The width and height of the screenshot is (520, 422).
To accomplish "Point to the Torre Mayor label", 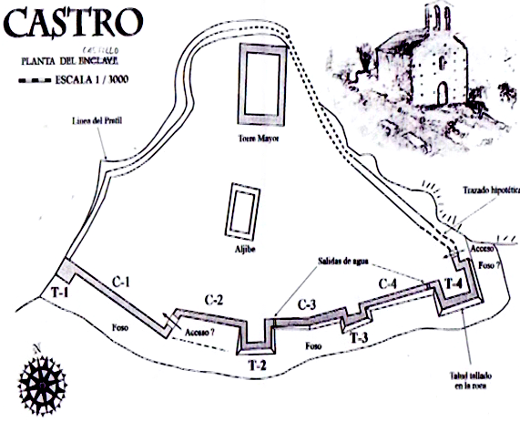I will pyautogui.click(x=257, y=140).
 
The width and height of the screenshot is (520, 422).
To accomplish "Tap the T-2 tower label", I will pyautogui.click(x=256, y=365).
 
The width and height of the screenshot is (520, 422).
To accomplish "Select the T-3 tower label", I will pyautogui.click(x=359, y=340).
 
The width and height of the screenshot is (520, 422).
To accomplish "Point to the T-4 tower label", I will pyautogui.click(x=453, y=283).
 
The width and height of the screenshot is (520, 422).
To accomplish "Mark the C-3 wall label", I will pyautogui.click(x=306, y=304).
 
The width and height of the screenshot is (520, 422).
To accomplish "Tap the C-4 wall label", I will pyautogui.click(x=388, y=283).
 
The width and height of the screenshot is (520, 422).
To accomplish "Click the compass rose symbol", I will pyautogui.click(x=41, y=381).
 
